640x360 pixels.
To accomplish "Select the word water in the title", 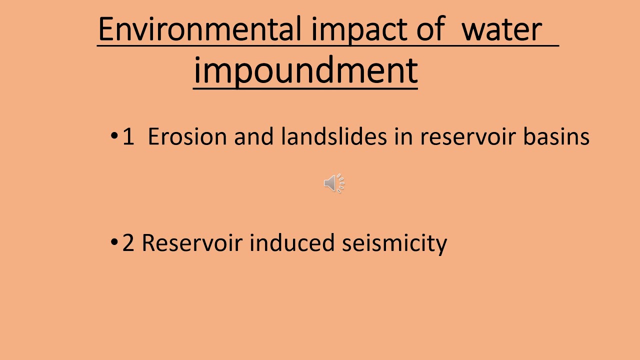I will click(x=501, y=29).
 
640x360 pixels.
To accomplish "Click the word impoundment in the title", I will click(x=305, y=71).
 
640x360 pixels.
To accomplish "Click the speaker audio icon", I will click(x=334, y=183).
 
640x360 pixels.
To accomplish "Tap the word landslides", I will click(x=334, y=137).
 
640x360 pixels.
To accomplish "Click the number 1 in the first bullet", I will click(x=128, y=137).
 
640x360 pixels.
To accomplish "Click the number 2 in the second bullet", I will click(x=128, y=243).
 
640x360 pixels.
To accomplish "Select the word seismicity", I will click(x=394, y=243).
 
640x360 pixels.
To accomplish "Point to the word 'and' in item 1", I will click(x=254, y=137).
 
